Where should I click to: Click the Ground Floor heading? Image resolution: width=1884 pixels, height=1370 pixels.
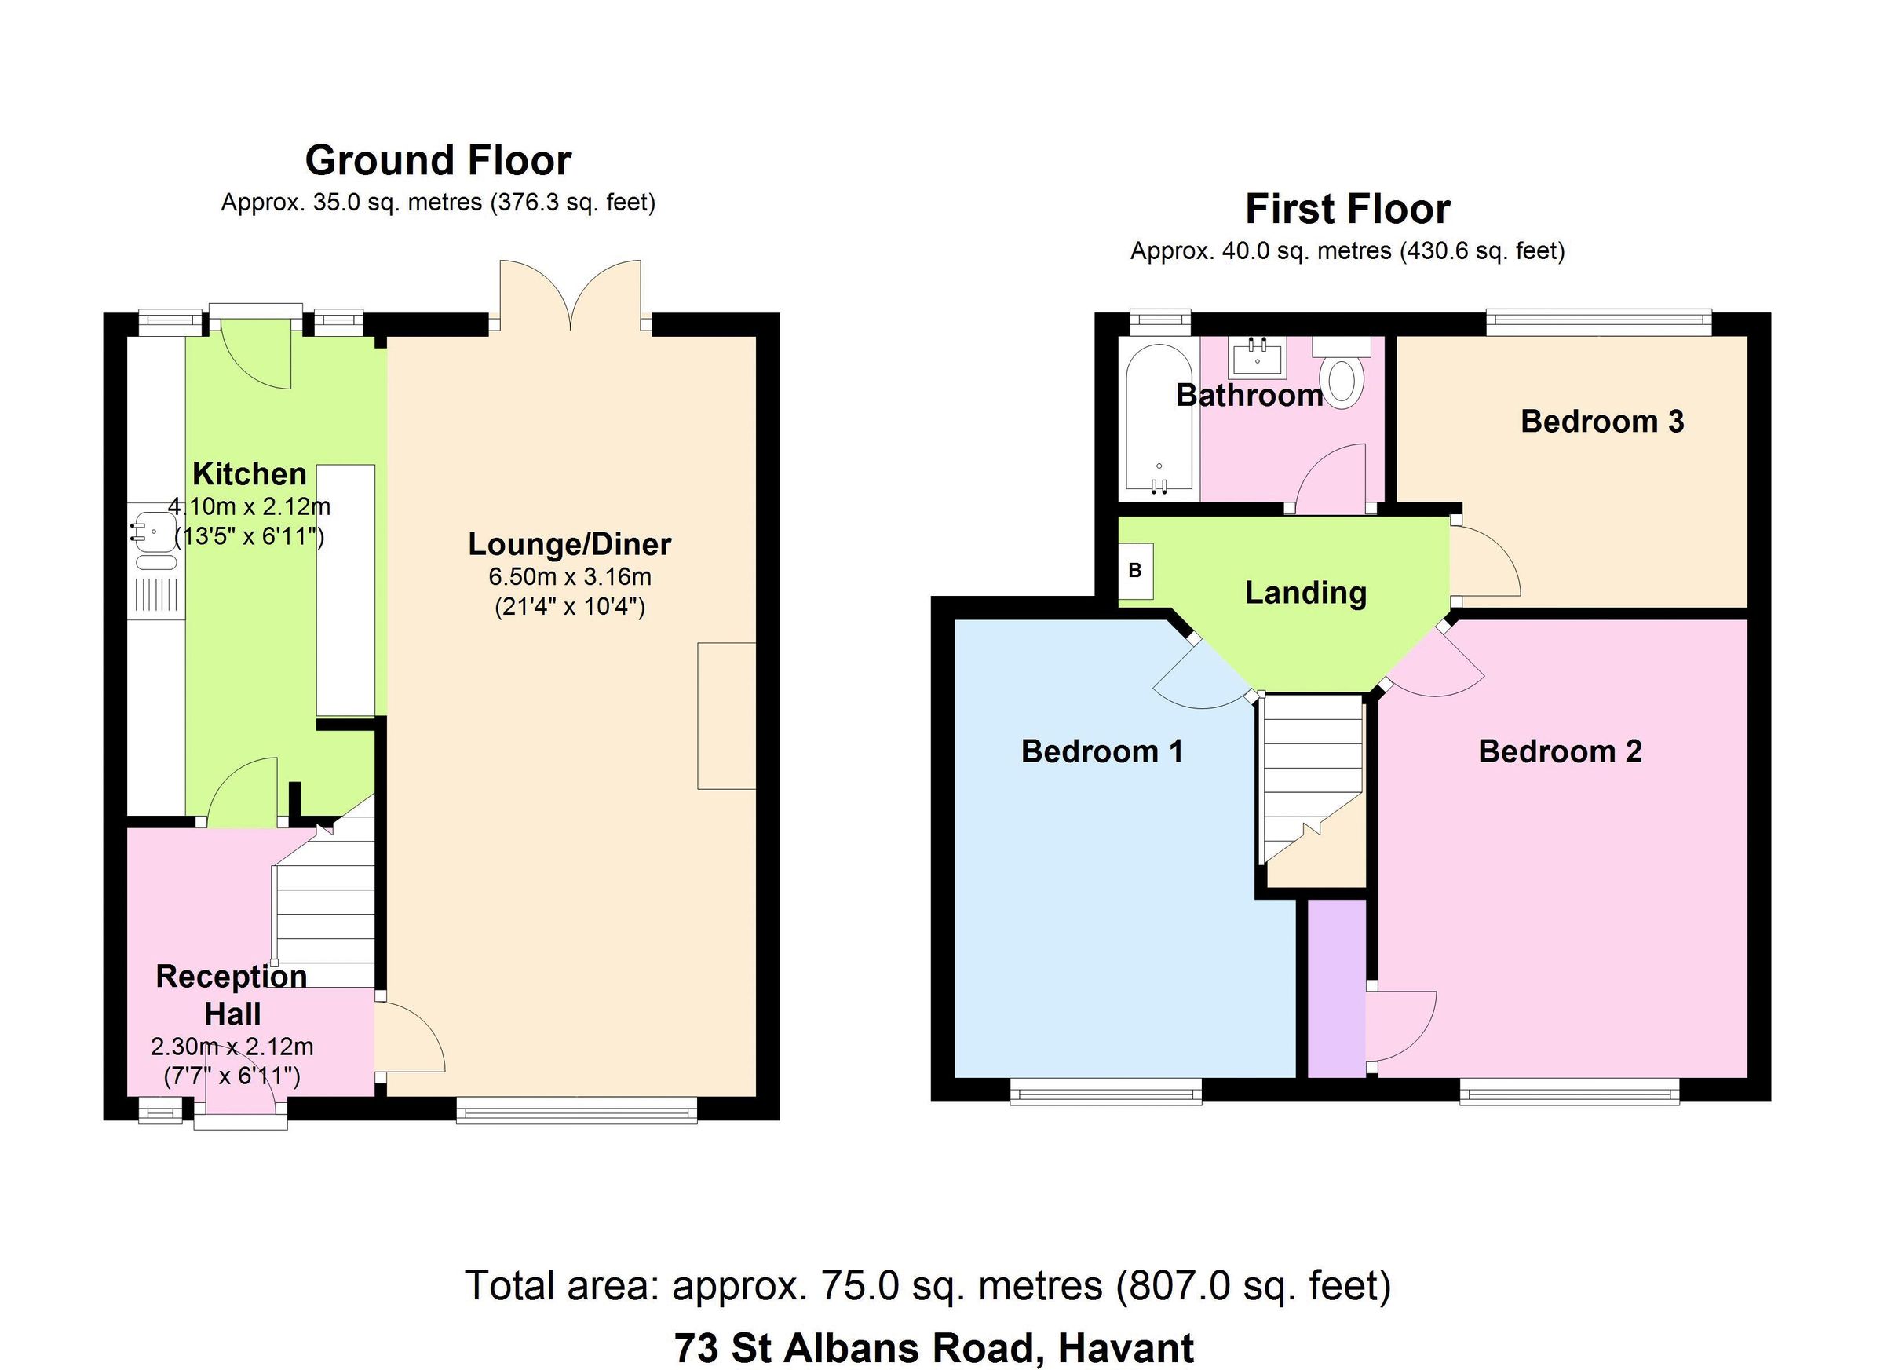coord(438,160)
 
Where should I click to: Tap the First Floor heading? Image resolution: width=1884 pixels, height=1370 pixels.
coord(1346,209)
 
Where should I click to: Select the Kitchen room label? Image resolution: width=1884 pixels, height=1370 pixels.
coord(249,473)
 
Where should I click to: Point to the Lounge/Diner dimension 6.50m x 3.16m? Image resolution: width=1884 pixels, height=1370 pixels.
coord(569,576)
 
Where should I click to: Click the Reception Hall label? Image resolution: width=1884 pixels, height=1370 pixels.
coord(232,995)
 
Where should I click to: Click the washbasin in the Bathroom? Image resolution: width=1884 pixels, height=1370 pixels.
coord(1257,357)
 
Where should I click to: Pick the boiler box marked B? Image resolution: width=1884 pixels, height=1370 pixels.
coord(1135,570)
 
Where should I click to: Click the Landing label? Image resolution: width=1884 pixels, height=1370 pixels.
coord(1305,593)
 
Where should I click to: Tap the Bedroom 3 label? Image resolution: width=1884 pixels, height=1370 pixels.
coord(1601,422)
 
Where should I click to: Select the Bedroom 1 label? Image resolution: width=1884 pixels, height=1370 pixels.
coord(1101,751)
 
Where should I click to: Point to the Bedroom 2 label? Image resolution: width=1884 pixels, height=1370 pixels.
coord(1559,751)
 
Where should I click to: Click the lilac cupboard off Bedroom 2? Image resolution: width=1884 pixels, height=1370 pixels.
coord(1336,988)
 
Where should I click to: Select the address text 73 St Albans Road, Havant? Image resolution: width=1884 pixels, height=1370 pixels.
coord(933,1347)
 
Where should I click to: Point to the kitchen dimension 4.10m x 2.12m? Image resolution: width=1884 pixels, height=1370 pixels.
coord(249,506)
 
